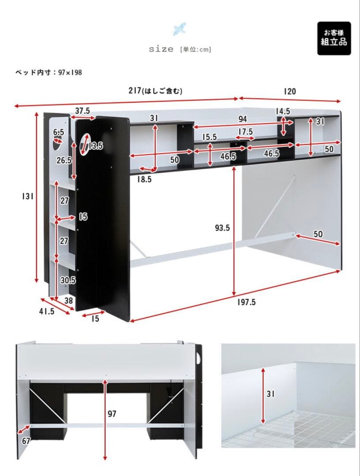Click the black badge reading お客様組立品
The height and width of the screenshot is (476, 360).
334,38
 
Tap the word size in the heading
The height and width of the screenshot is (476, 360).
161,49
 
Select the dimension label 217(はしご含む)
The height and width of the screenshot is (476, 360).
155,91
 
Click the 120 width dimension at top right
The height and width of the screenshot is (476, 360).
289,91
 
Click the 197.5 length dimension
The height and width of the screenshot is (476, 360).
246,302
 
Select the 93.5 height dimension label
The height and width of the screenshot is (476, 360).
222,228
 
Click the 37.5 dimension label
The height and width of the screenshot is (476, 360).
82,111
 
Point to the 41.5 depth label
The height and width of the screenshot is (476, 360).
46,311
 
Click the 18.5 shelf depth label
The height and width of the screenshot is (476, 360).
144,179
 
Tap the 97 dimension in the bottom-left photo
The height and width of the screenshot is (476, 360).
113,414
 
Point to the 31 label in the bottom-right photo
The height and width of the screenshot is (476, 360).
270,394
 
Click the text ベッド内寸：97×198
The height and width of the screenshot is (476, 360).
49,72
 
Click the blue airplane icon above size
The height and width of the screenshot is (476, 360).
180,29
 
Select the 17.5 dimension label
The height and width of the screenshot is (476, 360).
245,132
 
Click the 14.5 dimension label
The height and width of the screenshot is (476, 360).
283,111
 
